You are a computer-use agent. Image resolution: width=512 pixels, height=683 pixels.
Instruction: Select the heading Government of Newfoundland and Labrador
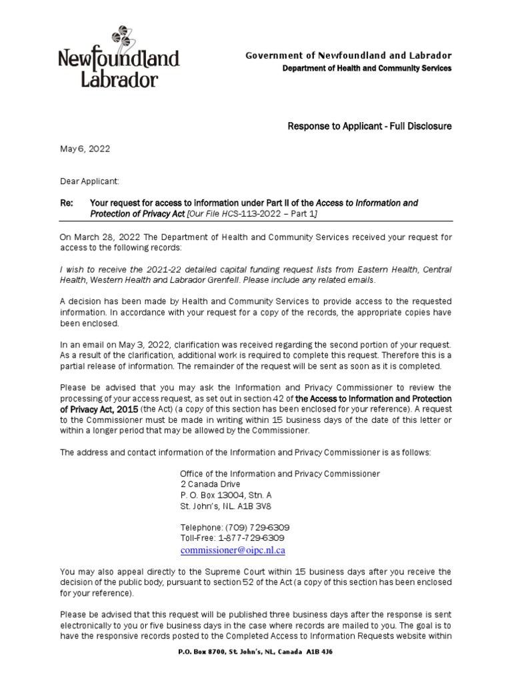click(349, 55)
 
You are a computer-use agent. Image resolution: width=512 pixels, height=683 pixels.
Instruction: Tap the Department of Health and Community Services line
click(367, 68)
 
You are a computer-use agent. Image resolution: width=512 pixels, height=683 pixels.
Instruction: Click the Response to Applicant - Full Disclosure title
click(369, 126)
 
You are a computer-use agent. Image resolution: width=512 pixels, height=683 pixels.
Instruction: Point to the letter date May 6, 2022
click(85, 149)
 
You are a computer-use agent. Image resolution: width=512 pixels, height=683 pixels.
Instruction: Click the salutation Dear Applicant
click(89, 181)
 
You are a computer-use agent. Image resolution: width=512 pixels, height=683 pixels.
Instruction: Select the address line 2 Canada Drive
click(210, 484)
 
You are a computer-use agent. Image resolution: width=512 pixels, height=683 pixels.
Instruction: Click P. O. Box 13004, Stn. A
click(226, 495)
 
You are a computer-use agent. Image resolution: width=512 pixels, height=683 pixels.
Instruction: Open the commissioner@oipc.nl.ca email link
click(233, 550)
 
